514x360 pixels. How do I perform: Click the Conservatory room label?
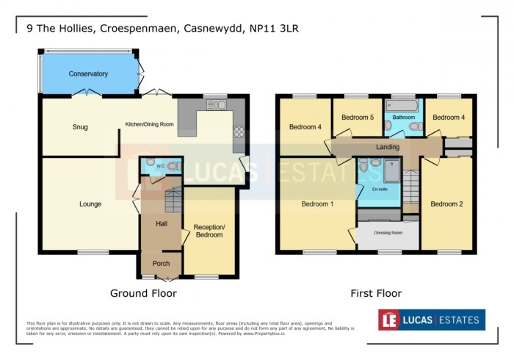point(88,74)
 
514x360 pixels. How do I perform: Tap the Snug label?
point(80,127)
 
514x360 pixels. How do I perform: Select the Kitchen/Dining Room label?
point(149,124)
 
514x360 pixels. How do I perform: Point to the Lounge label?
point(90,204)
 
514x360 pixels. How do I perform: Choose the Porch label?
point(161,264)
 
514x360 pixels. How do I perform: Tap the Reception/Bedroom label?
point(209,231)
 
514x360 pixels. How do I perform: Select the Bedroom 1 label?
point(317,204)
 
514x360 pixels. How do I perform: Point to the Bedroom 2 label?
point(446,204)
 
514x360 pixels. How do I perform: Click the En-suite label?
point(380,190)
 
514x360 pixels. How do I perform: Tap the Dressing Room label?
point(388,233)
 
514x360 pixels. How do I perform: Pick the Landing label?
point(388,147)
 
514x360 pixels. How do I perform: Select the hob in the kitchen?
point(239,133)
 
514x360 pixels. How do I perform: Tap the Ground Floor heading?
point(143,293)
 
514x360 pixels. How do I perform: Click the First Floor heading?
point(375,293)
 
